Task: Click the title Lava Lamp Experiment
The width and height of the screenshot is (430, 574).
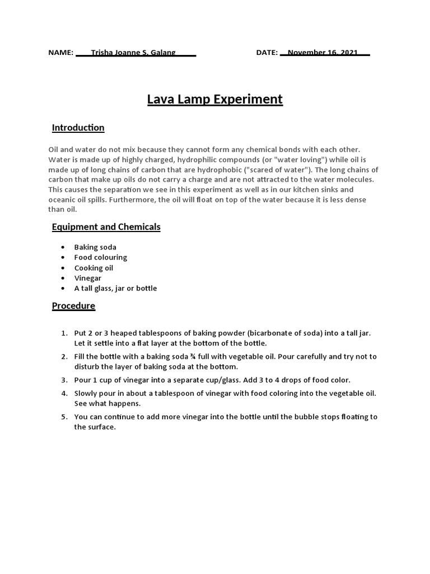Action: pos(214,100)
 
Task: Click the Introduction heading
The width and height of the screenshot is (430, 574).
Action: pos(78,128)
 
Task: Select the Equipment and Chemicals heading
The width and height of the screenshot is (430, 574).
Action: pos(106,227)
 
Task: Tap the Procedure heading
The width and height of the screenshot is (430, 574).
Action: pos(73,306)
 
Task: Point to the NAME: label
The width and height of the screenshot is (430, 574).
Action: pos(61,53)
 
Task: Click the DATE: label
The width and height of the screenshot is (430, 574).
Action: pos(267,53)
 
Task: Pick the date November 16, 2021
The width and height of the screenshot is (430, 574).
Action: pos(322,53)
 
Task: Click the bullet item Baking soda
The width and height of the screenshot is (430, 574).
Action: pos(95,247)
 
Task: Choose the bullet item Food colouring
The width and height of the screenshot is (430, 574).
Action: pos(101,257)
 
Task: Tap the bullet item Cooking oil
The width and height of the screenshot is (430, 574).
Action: pos(94,268)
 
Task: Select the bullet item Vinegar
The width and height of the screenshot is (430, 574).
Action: pos(88,278)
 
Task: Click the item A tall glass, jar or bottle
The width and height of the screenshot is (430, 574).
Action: pos(115,289)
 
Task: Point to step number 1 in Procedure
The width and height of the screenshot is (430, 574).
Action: pos(64,333)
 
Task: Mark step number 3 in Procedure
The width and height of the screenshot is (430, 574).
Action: pos(64,380)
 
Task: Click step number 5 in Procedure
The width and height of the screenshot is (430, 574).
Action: pos(64,417)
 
